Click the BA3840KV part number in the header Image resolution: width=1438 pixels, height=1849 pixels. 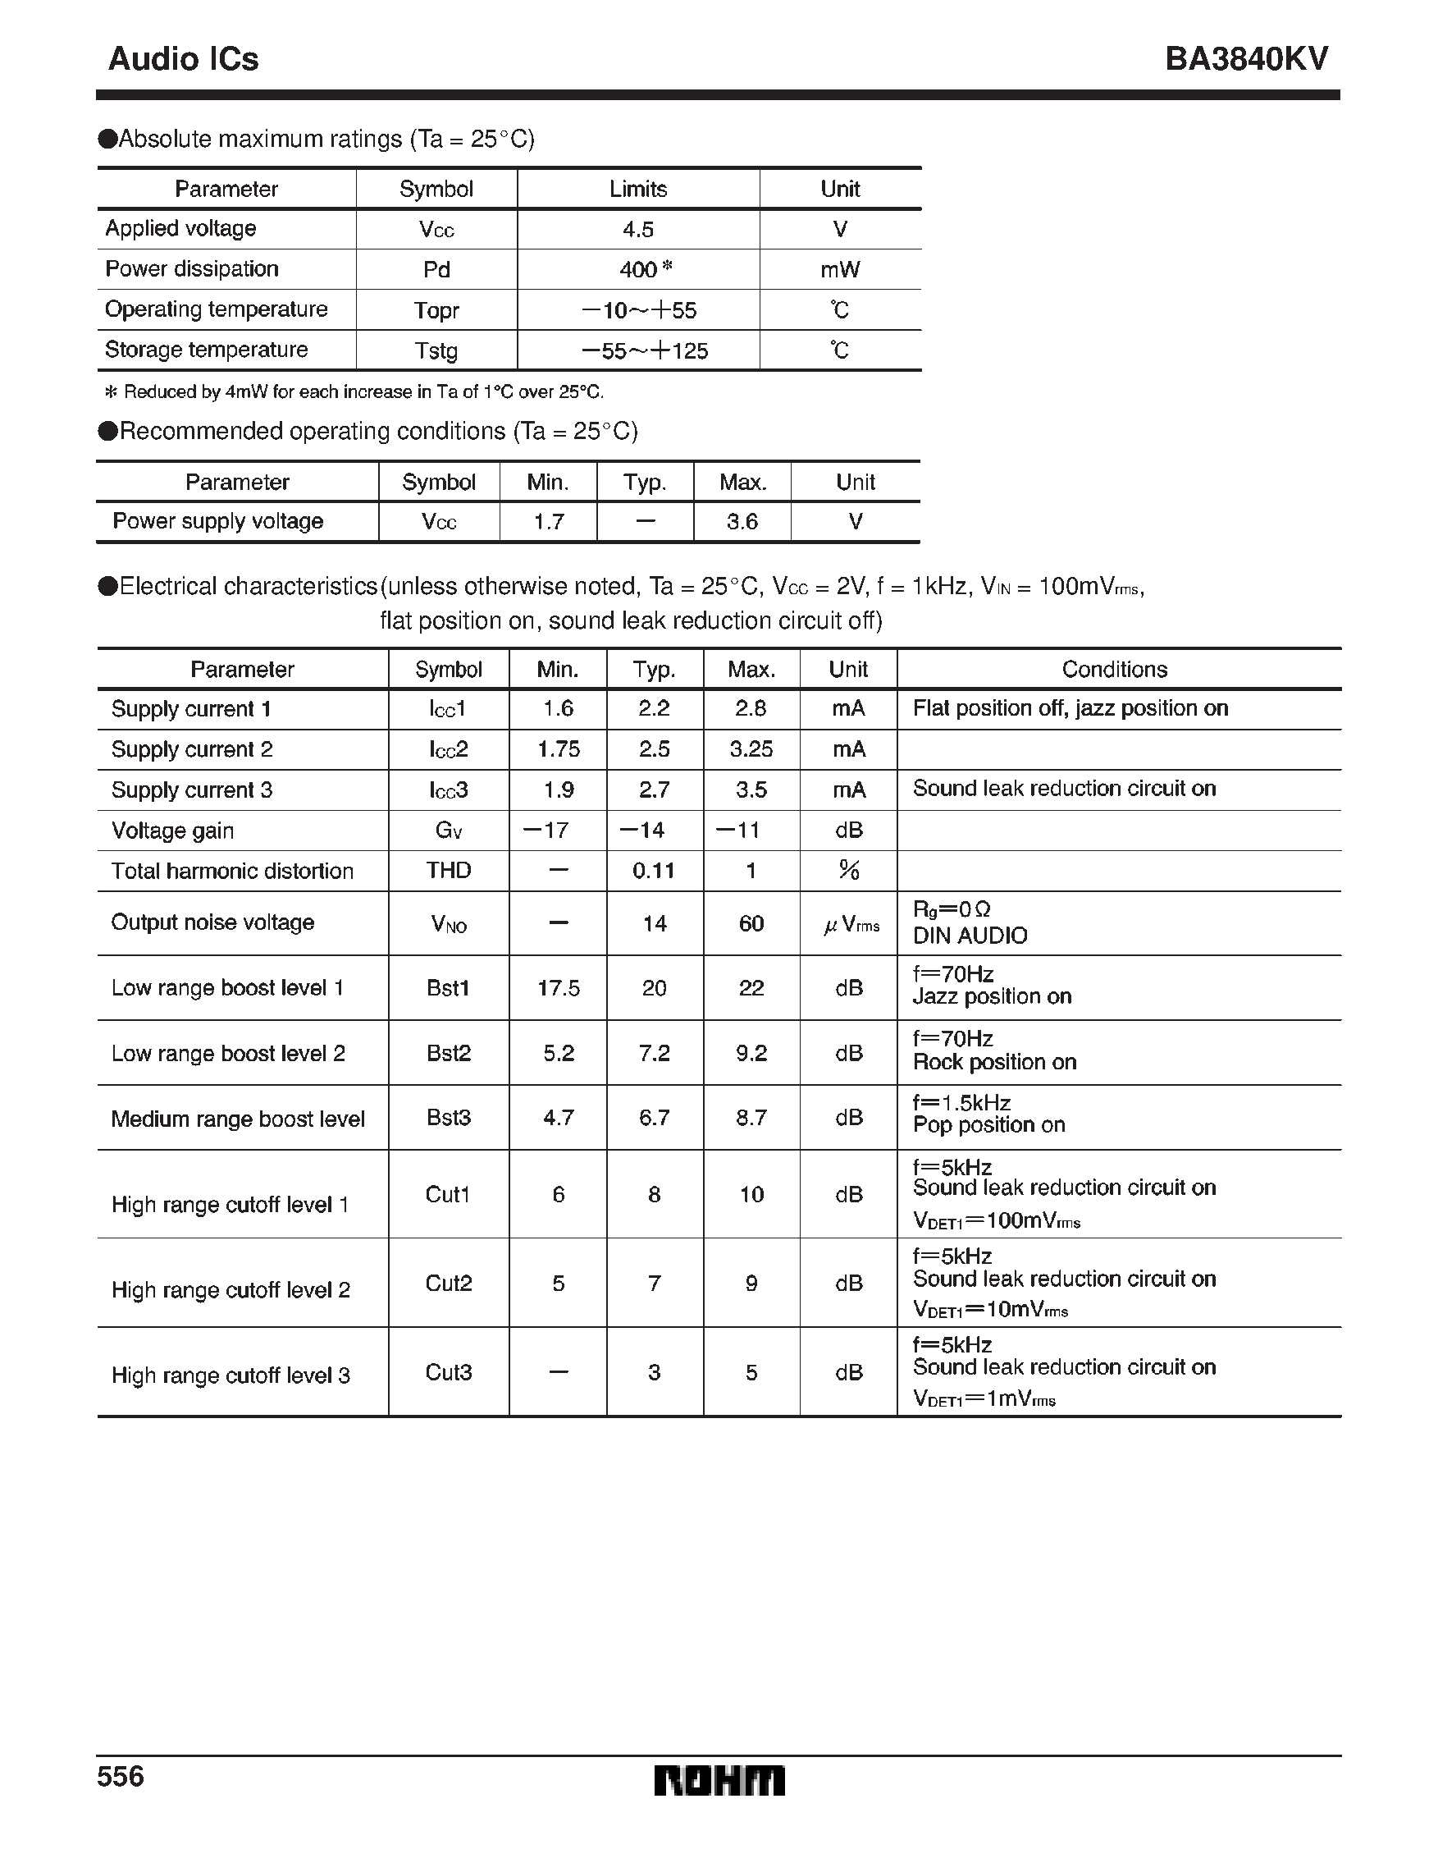1246,58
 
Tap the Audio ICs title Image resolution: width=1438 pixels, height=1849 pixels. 184,58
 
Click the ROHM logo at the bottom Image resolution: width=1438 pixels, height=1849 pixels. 719,1780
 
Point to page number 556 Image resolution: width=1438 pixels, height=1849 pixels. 121,1775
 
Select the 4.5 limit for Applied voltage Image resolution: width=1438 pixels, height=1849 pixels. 638,230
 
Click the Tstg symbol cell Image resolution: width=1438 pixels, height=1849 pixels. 436,350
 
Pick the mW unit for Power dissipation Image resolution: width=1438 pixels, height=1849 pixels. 840,270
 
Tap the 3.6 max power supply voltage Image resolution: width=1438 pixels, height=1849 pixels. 742,521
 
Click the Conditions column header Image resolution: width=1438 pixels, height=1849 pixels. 1114,670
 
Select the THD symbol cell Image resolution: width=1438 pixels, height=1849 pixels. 449,870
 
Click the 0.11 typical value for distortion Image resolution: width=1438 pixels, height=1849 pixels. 654,870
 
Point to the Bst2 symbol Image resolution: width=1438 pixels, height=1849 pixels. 449,1053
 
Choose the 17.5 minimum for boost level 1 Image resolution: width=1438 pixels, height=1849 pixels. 559,988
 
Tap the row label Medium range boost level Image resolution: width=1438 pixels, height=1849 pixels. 238,1119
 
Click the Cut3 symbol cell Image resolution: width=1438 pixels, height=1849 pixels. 449,1371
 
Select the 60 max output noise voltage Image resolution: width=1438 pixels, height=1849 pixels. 751,923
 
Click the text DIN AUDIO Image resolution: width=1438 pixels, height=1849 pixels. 970,936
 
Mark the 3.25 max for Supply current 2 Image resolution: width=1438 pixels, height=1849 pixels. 751,749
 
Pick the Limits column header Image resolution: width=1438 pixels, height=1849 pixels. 638,189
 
